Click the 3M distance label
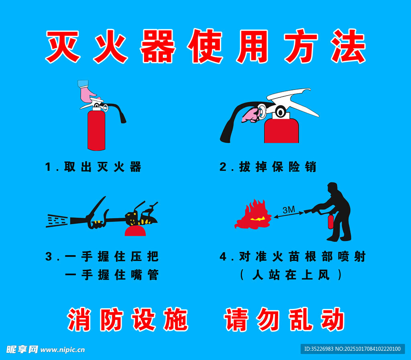(289, 209)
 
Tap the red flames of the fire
(253, 215)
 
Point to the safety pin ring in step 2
(262, 112)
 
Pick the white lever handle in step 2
(293, 101)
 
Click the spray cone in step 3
(57, 221)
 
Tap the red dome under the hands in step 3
(135, 231)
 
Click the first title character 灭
(63, 47)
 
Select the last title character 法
(348, 46)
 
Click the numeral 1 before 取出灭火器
(48, 167)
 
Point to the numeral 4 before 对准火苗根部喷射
(223, 257)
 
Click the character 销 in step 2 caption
(311, 167)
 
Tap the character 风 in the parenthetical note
(324, 275)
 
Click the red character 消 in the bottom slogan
(79, 319)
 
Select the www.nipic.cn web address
(62, 350)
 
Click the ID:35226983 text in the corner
(319, 349)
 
